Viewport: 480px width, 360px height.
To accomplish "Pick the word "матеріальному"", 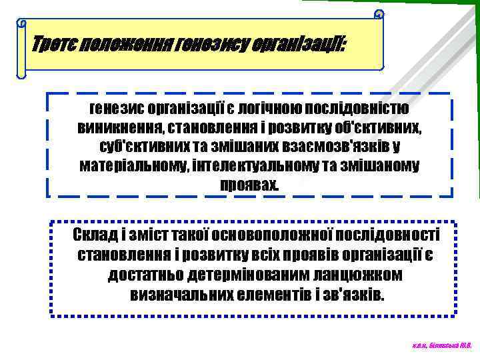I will click(133, 164).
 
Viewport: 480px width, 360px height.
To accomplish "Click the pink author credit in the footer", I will click(441, 345).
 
